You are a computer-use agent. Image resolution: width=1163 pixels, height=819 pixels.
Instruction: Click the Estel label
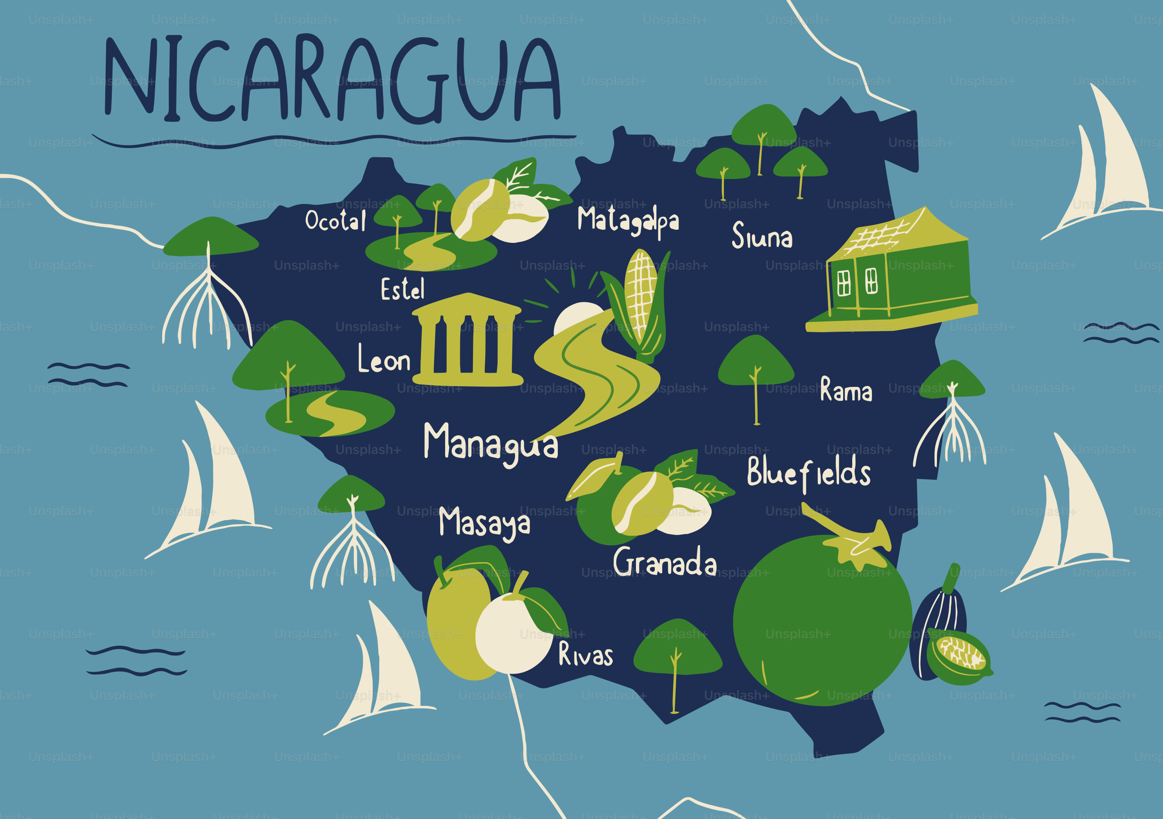pyautogui.click(x=402, y=289)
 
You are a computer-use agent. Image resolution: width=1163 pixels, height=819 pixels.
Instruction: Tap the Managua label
pyautogui.click(x=490, y=443)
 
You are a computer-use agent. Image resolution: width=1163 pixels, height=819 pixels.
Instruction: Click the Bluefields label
pyautogui.click(x=808, y=473)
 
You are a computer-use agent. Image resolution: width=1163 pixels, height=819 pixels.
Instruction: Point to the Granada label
pyautogui.click(x=665, y=562)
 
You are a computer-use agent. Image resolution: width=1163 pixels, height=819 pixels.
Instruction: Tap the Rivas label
pyautogui.click(x=585, y=654)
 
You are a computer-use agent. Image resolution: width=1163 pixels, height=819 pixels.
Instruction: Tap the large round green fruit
pyautogui.click(x=821, y=620)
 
